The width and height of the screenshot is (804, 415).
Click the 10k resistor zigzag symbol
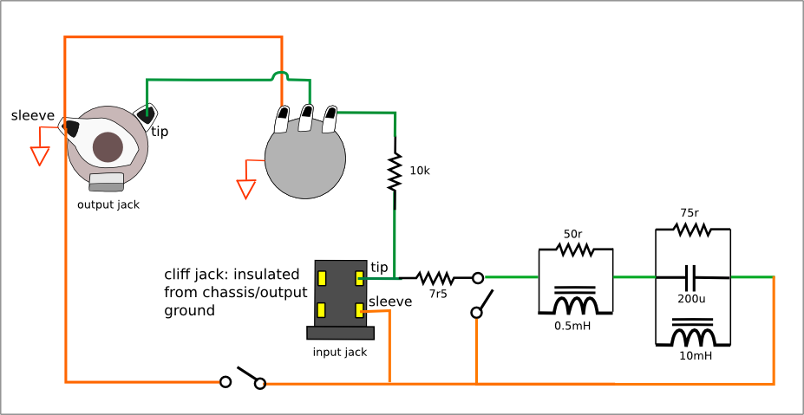(x=395, y=172)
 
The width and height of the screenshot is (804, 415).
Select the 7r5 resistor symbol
(x=435, y=278)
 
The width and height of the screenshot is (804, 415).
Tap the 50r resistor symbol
(x=575, y=250)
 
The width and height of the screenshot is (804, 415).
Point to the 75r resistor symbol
(x=692, y=230)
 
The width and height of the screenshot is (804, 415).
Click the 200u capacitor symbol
(x=692, y=278)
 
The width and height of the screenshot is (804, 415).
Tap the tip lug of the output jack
(x=145, y=116)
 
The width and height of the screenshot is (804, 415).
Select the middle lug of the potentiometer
(x=306, y=117)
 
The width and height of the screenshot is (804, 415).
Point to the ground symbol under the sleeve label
(x=40, y=156)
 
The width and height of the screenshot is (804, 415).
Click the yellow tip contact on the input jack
(x=359, y=279)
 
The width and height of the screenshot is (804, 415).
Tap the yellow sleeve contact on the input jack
(x=359, y=310)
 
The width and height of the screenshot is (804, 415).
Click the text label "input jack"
(x=340, y=353)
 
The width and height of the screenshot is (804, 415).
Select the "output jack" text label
(x=108, y=205)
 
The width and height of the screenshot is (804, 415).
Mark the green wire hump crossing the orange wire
(x=280, y=76)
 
